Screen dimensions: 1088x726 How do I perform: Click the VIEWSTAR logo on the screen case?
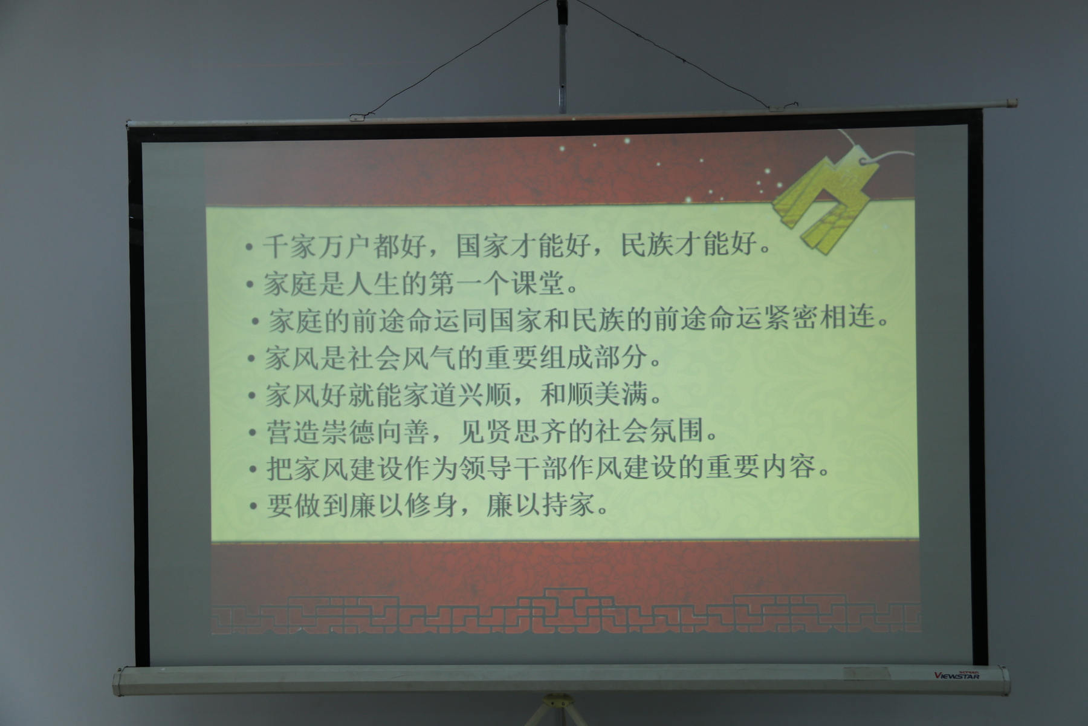tap(957, 675)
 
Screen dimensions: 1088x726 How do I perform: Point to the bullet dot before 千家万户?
tap(248, 247)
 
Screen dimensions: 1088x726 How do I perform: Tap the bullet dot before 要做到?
tap(253, 507)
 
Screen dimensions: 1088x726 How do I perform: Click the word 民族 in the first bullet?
tap(648, 246)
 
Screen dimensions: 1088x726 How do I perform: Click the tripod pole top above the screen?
tap(563, 7)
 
